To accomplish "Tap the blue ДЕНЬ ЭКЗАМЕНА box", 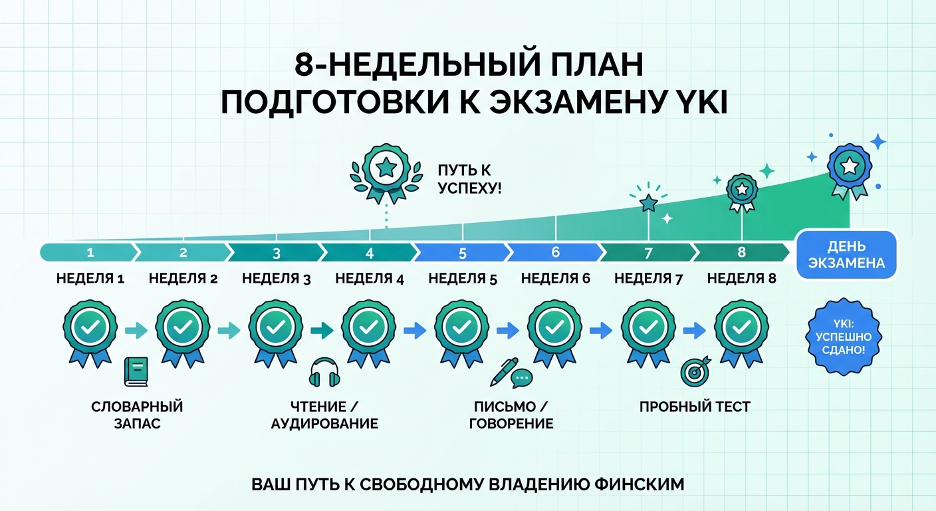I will pos(846,254).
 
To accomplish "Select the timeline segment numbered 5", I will pos(463,253).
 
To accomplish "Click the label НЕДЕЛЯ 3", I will pos(277,279).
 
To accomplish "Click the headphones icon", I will pos(324,373).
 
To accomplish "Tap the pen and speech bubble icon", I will pos(511,373).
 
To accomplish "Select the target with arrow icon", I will pos(695,371).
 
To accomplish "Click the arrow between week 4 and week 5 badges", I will pos(415,329).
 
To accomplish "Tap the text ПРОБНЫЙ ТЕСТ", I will pos(695,407).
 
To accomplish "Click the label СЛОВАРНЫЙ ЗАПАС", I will pos(137,415).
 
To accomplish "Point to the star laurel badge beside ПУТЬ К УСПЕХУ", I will pos(386,172).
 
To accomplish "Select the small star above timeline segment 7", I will pos(647,202).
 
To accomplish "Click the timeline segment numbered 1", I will pos(90,253).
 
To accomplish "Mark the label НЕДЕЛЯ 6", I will pos(556,279).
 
